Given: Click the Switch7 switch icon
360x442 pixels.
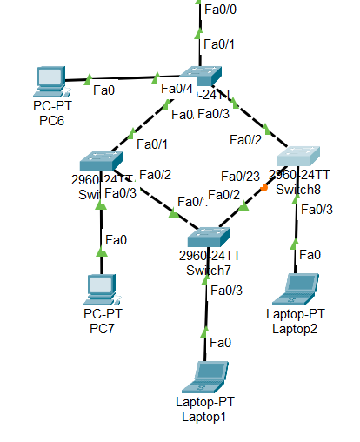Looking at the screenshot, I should (x=206, y=235).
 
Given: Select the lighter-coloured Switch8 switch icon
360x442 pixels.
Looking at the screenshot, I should (x=299, y=157).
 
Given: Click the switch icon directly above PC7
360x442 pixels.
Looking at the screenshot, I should (x=98, y=163).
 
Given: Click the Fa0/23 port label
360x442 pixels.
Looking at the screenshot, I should (x=239, y=176).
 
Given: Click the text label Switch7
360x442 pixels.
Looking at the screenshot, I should (x=206, y=270).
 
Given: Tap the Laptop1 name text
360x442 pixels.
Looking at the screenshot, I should (x=205, y=416).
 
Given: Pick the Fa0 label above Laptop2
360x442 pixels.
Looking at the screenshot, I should (x=310, y=254).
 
